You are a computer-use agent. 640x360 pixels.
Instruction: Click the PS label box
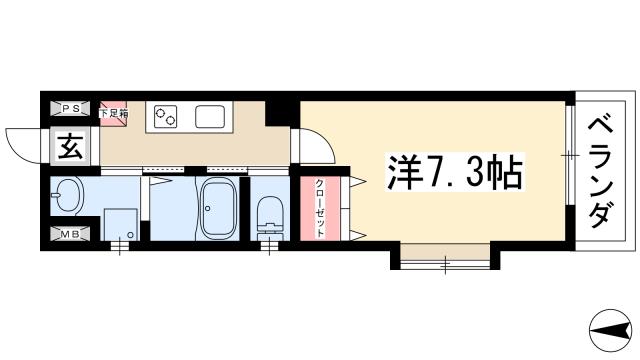[x=72, y=108]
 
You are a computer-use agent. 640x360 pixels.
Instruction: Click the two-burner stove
[x=166, y=117]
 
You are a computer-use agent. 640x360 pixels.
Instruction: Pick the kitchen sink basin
[x=211, y=117]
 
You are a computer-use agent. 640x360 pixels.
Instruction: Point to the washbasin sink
[x=69, y=194]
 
